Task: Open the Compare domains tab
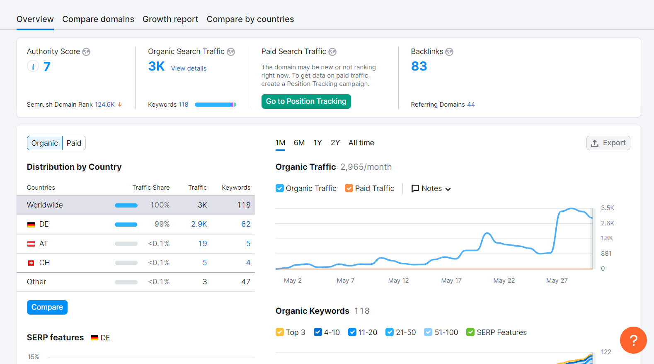pos(98,19)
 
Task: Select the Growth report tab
pos(170,19)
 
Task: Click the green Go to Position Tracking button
pos(306,101)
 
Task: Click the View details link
pos(189,68)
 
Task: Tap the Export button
pos(608,143)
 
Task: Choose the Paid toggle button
pos(74,143)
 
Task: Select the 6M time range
pos(299,143)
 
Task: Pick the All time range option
pos(361,143)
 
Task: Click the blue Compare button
pos(47,307)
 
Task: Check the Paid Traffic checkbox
pos(349,188)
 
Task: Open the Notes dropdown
pos(431,188)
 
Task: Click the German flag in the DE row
pos(31,225)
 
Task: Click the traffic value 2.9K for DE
pos(199,224)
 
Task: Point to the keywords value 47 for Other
pos(246,281)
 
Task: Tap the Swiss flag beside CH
pos(31,263)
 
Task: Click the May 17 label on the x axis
pos(451,281)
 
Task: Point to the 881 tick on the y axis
pos(606,254)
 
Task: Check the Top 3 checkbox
pos(279,332)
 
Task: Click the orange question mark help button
pos(633,340)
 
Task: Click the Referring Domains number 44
pos(471,104)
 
